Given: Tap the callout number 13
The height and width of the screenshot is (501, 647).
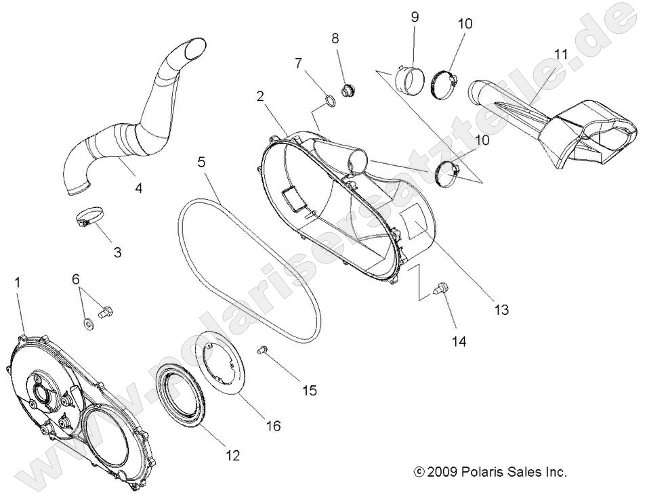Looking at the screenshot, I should [x=501, y=310].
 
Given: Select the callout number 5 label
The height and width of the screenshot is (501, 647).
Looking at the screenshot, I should [x=201, y=162].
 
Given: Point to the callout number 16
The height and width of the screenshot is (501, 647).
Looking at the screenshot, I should [x=273, y=426].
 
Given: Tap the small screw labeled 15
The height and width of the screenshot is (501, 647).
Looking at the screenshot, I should [x=264, y=349].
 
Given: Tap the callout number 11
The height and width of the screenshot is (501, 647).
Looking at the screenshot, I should [x=560, y=53].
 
